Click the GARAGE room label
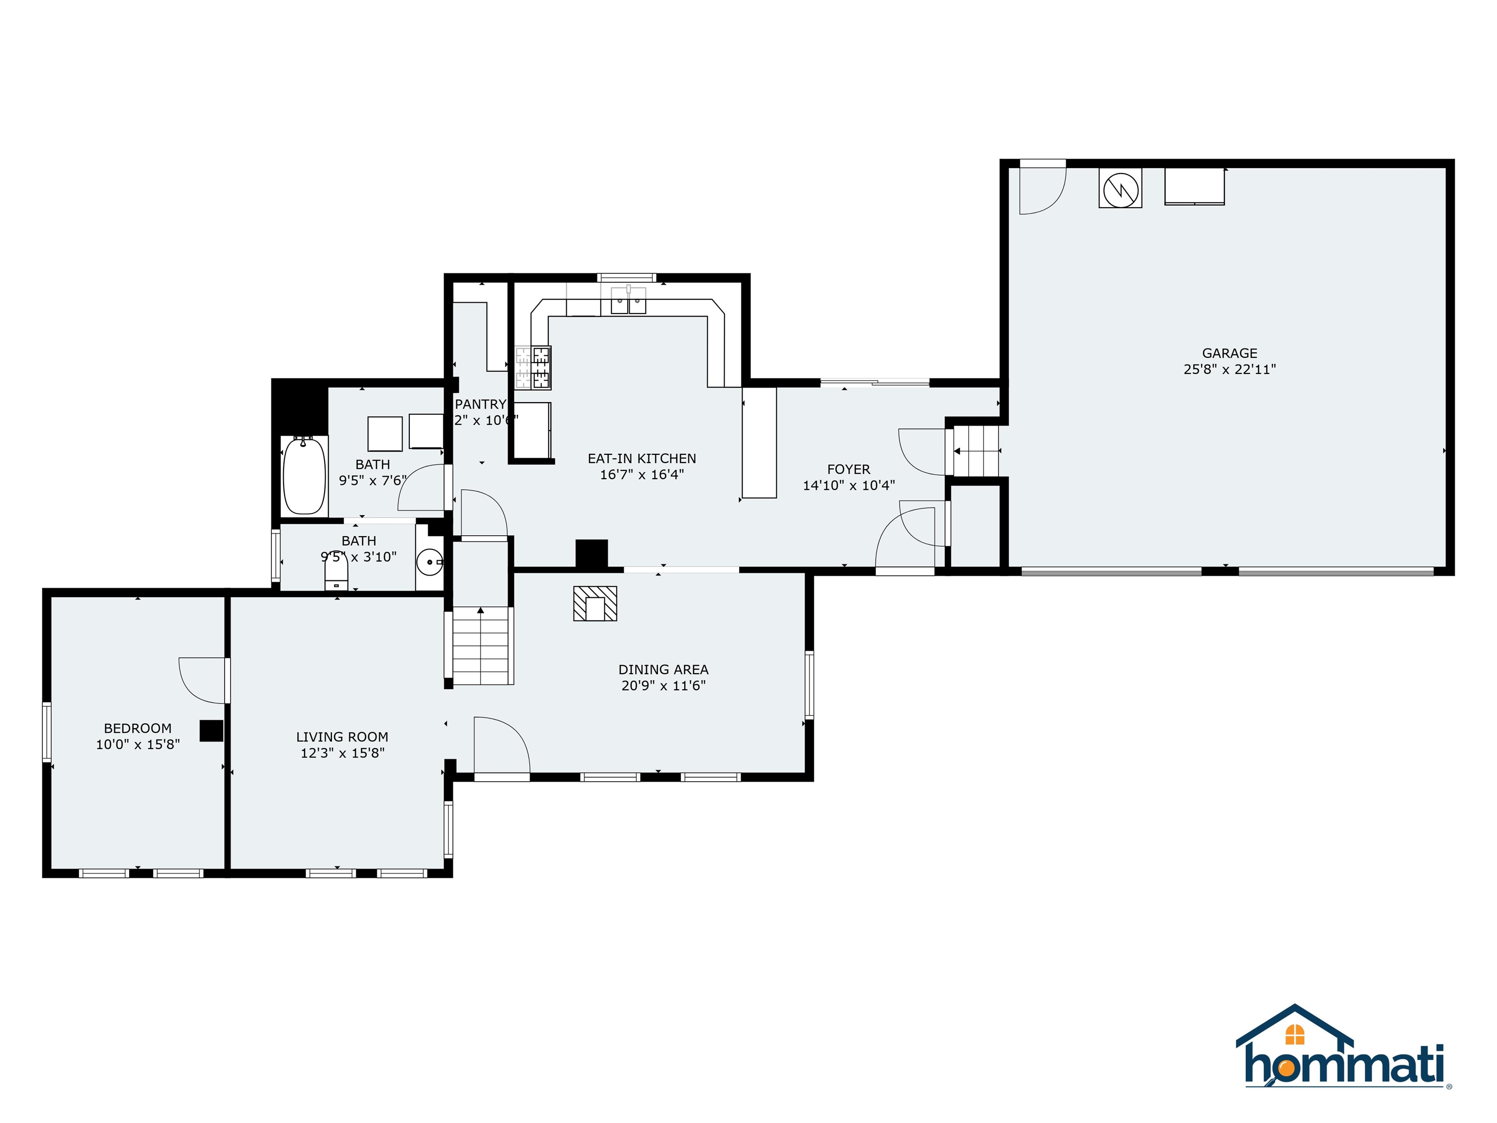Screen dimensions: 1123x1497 [x=1229, y=353]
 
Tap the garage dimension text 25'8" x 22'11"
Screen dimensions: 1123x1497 [x=1229, y=369]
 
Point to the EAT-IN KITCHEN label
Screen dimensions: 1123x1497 [x=642, y=458]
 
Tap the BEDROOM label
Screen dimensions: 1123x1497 [x=137, y=728]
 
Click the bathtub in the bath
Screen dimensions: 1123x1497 [x=304, y=476]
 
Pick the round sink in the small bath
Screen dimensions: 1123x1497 [x=429, y=561]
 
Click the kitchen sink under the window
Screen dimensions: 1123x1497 [x=629, y=302]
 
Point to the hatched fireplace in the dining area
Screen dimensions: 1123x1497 [x=595, y=603]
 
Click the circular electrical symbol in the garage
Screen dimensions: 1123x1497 [x=1120, y=188]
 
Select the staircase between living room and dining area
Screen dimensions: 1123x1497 [x=480, y=646]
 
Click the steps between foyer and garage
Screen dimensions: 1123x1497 [x=976, y=451]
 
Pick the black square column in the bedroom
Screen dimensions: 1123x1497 [x=211, y=731]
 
